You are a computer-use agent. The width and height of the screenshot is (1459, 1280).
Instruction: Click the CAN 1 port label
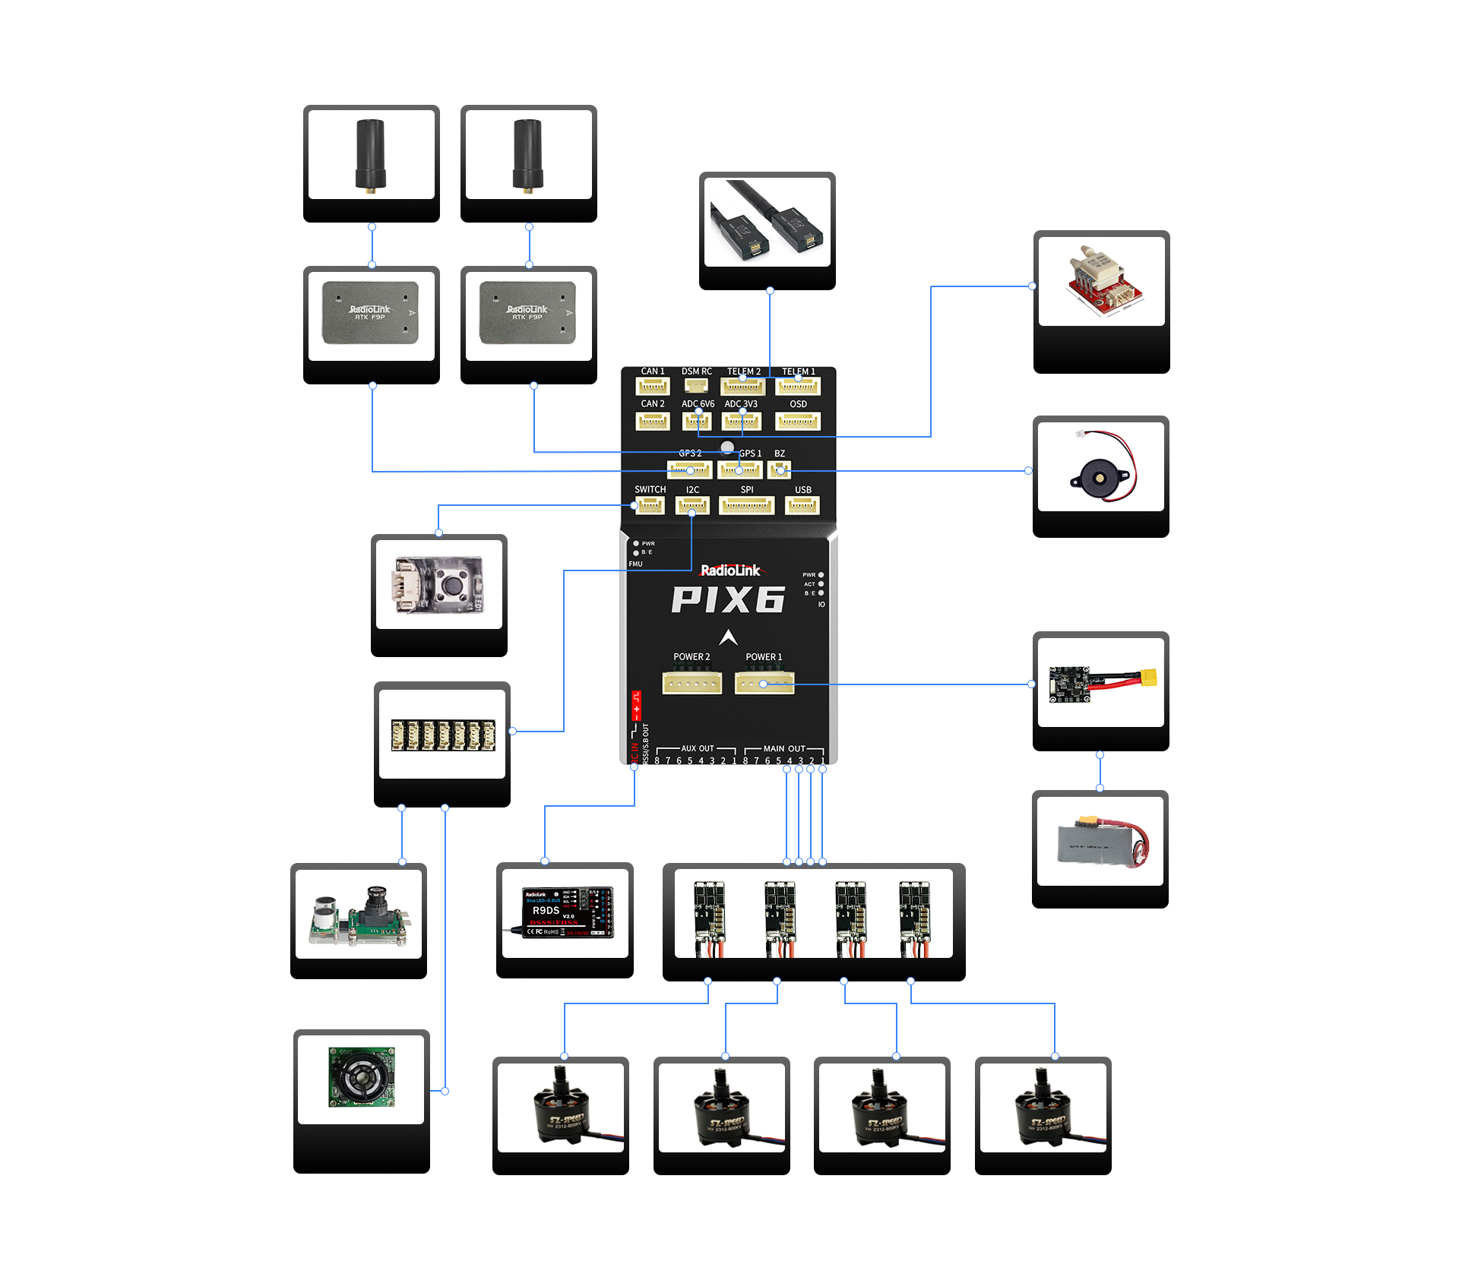(x=652, y=371)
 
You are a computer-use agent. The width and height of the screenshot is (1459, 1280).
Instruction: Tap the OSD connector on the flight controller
(x=798, y=421)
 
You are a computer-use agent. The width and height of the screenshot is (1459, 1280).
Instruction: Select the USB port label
(x=802, y=490)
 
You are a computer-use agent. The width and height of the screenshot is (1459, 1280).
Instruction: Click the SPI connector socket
(x=746, y=505)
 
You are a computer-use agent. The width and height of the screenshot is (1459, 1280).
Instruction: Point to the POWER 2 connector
(x=692, y=683)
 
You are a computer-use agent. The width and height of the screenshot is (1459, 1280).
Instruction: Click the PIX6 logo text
(x=728, y=600)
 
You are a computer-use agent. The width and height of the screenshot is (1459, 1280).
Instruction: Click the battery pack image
(x=1100, y=842)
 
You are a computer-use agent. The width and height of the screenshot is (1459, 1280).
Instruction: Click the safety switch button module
(x=438, y=584)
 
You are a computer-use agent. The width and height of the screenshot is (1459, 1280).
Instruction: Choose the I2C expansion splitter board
(x=442, y=735)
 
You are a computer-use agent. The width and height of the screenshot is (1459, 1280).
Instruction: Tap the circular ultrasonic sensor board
(x=361, y=1077)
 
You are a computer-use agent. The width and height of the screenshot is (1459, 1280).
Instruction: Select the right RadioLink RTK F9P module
(x=528, y=313)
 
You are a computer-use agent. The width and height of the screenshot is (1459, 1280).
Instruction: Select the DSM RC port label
(x=696, y=371)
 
